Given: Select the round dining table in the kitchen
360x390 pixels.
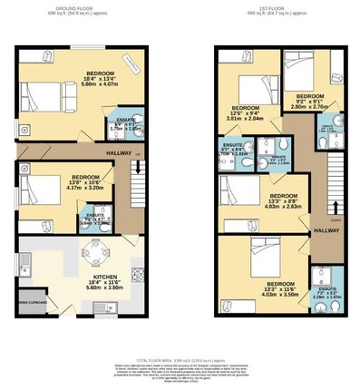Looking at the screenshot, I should pyautogui.click(x=94, y=254).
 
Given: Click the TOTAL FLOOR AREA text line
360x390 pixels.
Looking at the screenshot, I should pyautogui.click(x=180, y=359).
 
